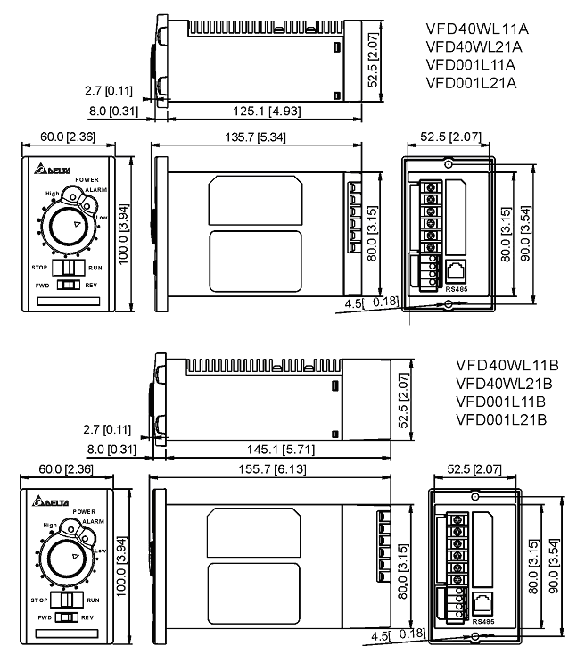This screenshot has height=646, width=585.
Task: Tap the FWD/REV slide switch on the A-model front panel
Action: coord(68,285)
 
